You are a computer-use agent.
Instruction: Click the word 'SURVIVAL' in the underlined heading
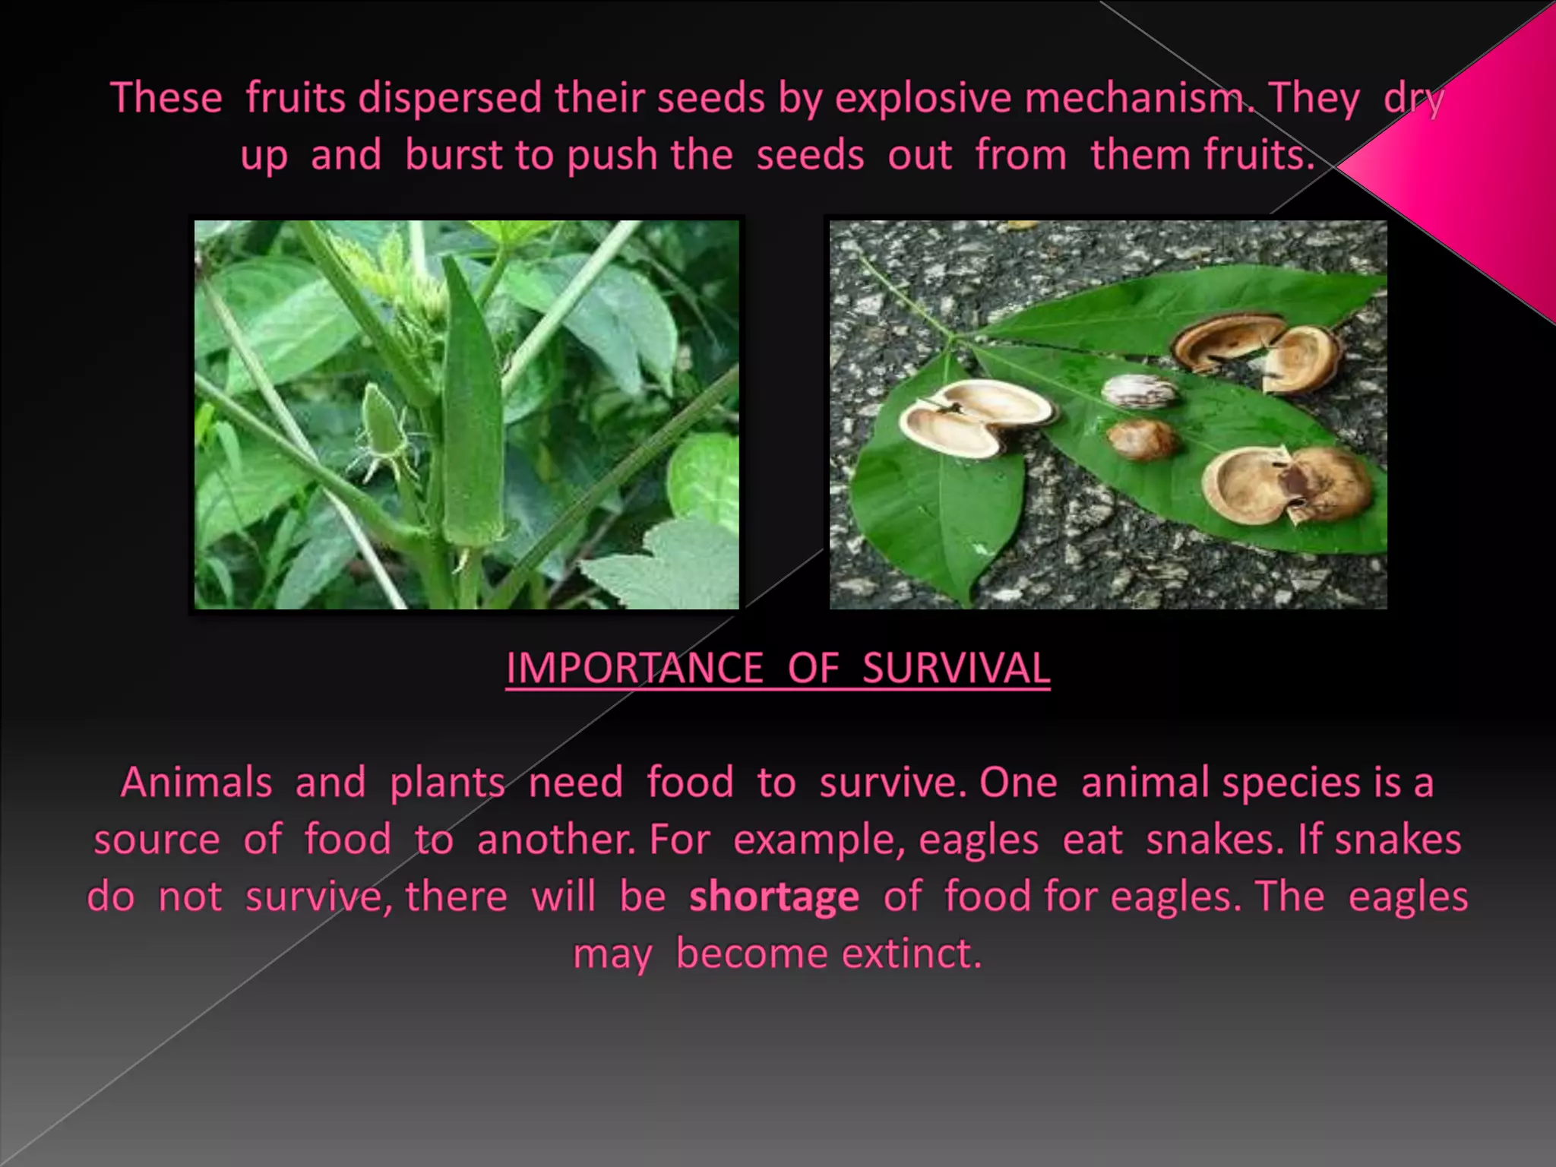point(956,669)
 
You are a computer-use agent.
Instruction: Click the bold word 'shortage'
point(773,897)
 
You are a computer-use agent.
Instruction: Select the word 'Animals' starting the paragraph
point(196,783)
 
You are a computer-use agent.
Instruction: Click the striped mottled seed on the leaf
point(1140,392)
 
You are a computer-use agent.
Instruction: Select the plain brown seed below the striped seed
point(1141,439)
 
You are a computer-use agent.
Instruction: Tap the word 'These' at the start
point(166,99)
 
